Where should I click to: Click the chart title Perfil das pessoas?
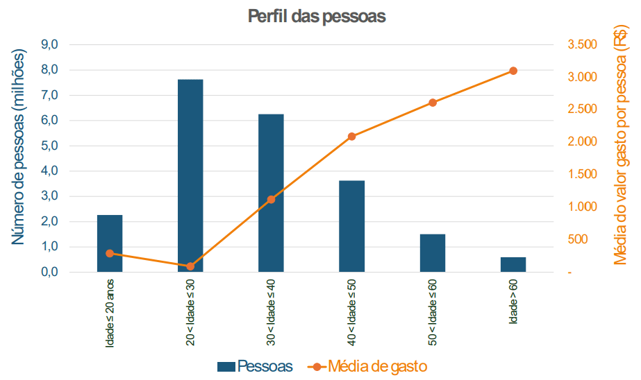pos(316,17)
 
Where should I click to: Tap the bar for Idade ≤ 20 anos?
pos(110,243)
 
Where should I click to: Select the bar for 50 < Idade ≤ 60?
pos(432,253)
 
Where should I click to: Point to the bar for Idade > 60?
pos(513,264)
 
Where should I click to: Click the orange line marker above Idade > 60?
pos(513,71)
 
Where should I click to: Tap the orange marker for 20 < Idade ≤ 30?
pos(190,266)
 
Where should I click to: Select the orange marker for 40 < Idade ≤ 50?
pos(351,137)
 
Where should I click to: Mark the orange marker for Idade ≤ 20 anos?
pos(110,253)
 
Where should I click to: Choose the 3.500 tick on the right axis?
pos(583,44)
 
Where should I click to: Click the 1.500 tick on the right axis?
pos(583,175)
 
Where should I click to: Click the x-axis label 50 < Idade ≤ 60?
pos(432,313)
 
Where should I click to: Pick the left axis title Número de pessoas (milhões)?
pos(19,149)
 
